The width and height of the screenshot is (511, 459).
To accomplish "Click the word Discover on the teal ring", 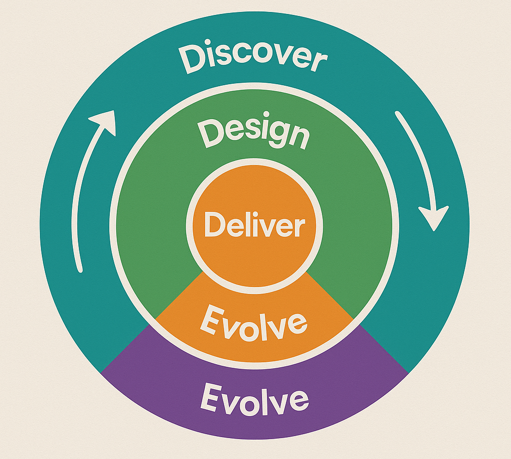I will (x=253, y=58).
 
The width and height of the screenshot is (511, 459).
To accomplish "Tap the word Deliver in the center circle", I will (x=255, y=225).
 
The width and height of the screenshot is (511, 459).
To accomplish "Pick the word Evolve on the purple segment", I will (x=255, y=399).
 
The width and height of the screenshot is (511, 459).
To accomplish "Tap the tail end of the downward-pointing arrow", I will (x=398, y=114).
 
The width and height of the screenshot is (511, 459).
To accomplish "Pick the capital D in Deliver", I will (x=213, y=225).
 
